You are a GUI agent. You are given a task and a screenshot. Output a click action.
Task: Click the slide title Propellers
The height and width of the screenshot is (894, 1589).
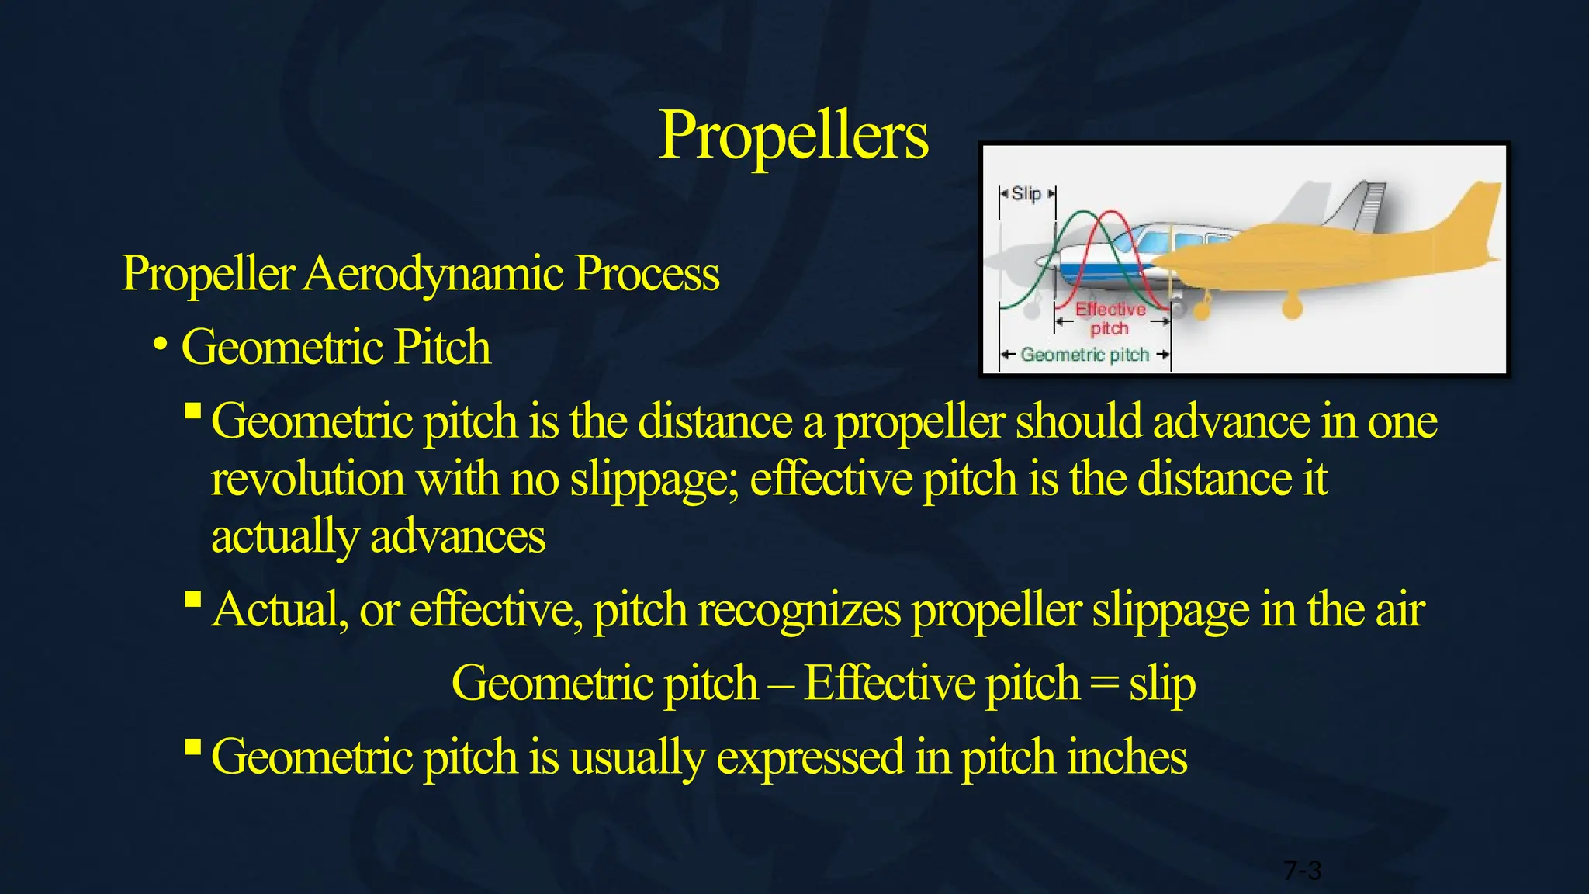[793, 137]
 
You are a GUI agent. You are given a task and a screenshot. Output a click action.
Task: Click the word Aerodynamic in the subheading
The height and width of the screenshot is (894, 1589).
[433, 275]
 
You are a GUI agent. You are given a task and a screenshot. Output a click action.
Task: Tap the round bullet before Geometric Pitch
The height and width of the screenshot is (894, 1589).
[161, 344]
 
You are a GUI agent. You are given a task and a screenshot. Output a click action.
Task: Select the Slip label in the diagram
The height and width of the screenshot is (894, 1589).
[1026, 194]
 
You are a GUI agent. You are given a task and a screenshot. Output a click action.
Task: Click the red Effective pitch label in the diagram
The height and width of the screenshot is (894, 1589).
[1110, 319]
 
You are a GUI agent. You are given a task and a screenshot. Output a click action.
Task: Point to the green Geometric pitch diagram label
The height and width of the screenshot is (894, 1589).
[1085, 355]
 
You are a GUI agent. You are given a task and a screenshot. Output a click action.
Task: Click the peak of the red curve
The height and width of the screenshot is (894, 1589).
[1111, 213]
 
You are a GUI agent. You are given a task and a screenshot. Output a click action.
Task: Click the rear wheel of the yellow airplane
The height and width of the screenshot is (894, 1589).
[1292, 308]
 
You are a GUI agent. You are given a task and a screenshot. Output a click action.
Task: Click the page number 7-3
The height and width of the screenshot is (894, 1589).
[1302, 871]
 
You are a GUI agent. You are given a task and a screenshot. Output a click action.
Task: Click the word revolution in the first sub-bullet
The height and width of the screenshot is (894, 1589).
[308, 480]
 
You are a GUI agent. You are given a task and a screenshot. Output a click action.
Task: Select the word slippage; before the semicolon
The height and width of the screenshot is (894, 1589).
[654, 480]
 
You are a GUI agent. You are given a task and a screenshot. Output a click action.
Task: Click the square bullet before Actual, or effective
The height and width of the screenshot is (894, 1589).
[193, 599]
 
